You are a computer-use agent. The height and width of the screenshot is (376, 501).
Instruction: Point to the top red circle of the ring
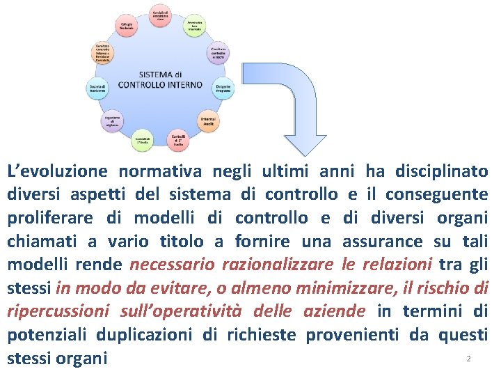(161, 15)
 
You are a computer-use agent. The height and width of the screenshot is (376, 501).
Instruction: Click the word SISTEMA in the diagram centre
(153, 75)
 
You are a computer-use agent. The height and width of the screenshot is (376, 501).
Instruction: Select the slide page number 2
(468, 359)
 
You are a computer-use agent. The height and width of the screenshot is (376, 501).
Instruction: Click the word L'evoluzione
(56, 171)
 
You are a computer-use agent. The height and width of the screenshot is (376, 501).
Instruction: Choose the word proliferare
(51, 218)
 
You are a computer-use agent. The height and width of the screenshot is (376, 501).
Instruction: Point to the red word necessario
(170, 265)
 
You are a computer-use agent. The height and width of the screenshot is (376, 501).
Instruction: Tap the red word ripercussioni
(58, 311)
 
